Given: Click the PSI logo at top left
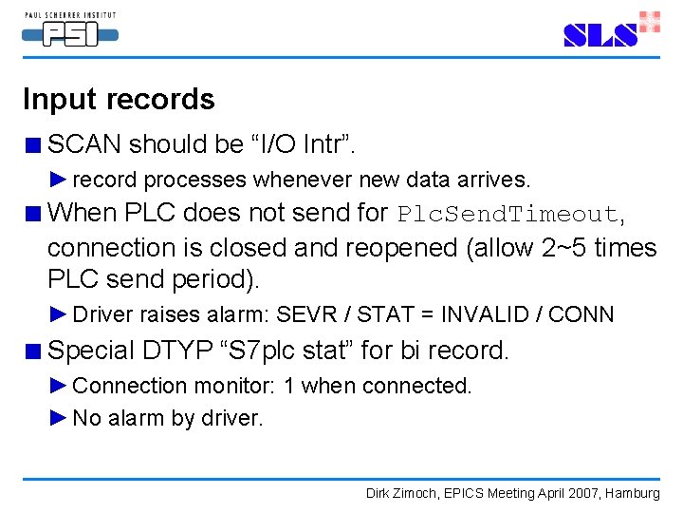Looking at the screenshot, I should tap(69, 29).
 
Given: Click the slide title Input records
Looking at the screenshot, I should tap(119, 100).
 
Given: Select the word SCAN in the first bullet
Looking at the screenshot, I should tap(84, 144).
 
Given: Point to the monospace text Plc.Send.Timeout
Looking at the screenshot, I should tap(508, 213).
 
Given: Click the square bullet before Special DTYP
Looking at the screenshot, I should tap(33, 351).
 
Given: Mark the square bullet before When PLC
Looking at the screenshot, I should tap(33, 214).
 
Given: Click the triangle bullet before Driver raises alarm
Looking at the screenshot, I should tap(59, 313).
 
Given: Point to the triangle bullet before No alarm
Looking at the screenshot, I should tap(59, 417).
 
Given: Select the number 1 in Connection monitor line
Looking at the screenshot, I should tap(290, 386).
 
